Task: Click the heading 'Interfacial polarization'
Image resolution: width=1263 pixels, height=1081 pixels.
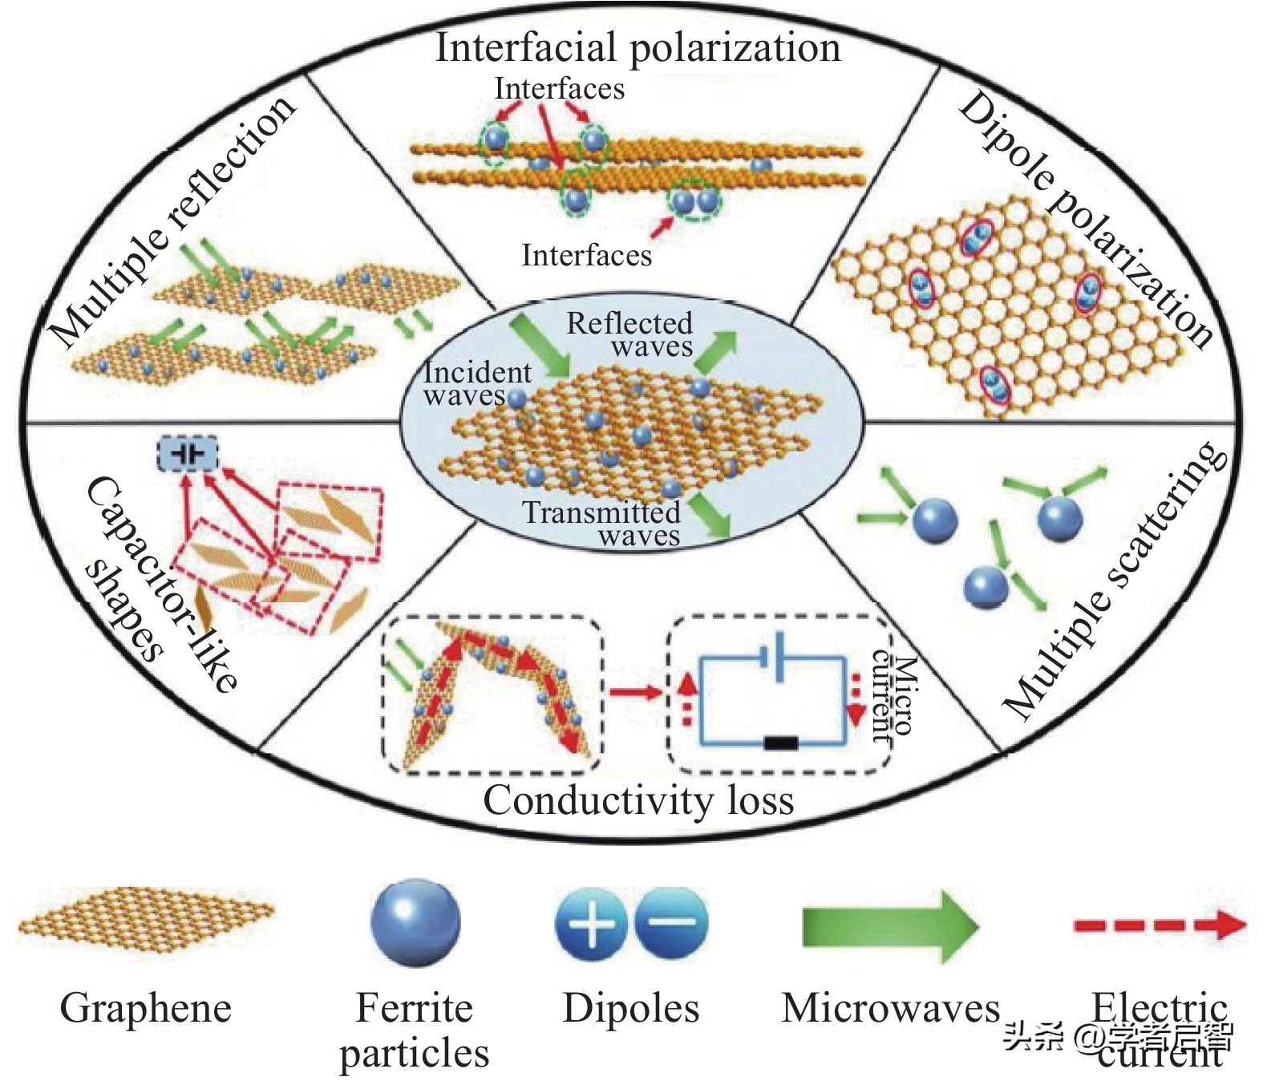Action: coord(638,47)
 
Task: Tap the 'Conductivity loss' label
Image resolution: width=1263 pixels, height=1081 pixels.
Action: coord(638,800)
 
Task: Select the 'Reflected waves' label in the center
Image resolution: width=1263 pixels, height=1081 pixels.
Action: coord(630,334)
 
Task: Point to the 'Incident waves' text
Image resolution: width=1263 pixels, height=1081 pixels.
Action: coord(476,383)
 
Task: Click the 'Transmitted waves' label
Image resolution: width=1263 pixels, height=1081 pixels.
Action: coord(602,523)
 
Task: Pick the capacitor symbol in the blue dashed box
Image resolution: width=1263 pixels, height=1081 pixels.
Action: coord(187,454)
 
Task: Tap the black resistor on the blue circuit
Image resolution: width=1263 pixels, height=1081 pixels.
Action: coord(780,743)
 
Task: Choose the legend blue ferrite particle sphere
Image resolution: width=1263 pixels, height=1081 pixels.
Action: coord(415,922)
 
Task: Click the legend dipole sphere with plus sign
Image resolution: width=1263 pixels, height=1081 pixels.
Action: coord(590,924)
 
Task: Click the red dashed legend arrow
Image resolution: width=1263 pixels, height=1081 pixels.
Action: coord(1160,925)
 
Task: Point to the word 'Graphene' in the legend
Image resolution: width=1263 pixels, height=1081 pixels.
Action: coord(146,1007)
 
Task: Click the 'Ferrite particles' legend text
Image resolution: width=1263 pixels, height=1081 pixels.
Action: coord(414,1030)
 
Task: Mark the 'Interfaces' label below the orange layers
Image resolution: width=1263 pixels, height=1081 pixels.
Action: coord(586,255)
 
